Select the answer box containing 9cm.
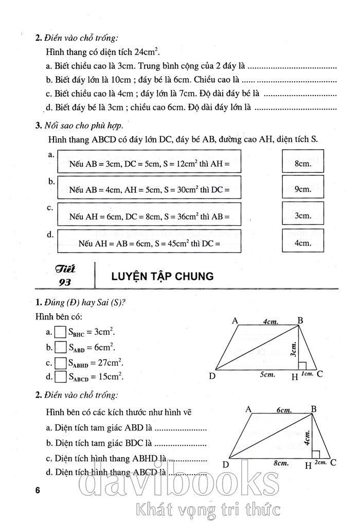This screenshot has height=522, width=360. pos(303,189)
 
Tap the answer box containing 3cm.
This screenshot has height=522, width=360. pos(303,215)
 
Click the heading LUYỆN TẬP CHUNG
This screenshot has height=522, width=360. pos(162,277)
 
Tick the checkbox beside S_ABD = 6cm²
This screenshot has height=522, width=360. pos(61,347)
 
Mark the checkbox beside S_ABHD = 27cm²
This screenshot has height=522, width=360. pos(61,362)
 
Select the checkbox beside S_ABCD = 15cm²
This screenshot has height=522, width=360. pos(61,376)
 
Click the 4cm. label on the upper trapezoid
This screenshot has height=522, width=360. pos(271,322)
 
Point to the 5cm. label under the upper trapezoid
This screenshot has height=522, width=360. pos(266,375)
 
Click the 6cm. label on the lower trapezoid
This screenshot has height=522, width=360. pos(284,410)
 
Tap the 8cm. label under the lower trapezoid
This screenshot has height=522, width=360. pos(280,463)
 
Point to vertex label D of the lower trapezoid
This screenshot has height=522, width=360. pos(225,464)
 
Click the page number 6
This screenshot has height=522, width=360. pos(38,490)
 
